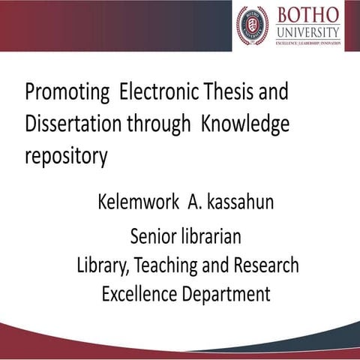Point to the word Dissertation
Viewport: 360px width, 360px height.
(x=76, y=125)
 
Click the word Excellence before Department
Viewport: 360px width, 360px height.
(x=139, y=293)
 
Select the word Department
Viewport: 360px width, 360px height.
(x=226, y=294)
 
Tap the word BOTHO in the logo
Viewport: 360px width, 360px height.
(x=307, y=15)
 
